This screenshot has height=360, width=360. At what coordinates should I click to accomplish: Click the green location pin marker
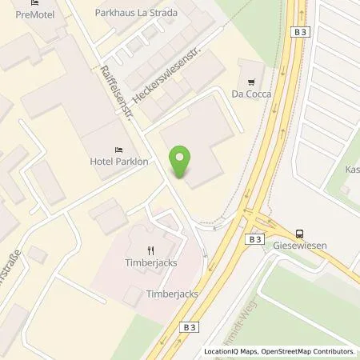coord(182,161)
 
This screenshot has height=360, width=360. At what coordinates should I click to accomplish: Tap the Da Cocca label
coord(253,94)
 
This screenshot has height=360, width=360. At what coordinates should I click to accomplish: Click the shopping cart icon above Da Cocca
coord(253,81)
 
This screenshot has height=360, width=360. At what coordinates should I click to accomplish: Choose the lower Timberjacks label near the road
coord(172,294)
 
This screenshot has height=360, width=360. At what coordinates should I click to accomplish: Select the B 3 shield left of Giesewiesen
coord(254,238)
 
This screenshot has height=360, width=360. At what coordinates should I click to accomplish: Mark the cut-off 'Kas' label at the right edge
coord(352,170)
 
